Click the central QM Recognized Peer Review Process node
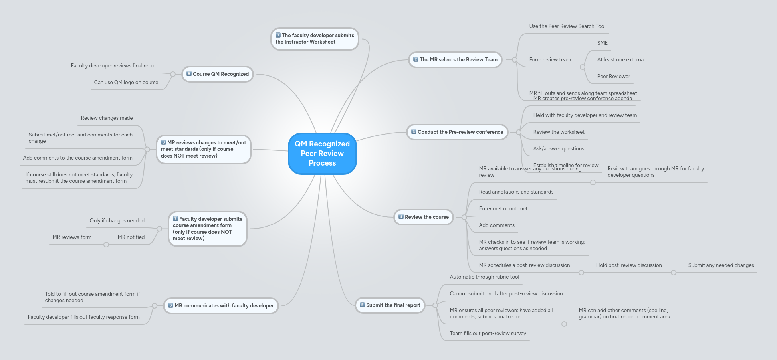coord(322,154)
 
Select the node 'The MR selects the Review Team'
coord(455,60)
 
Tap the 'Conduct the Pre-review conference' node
coord(457,132)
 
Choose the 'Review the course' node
coord(424,217)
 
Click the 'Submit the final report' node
coord(390,305)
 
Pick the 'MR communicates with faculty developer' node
coord(221,306)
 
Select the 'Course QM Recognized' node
coord(218,74)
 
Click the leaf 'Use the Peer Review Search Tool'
coord(567,26)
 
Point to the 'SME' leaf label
coord(602,43)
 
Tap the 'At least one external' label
coord(620,60)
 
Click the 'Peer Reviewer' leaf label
coord(613,77)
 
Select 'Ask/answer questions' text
coord(558,149)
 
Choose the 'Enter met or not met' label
coord(503,209)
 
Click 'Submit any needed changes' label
coord(721,265)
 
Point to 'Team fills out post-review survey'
coord(488,334)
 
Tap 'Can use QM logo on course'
coord(126,83)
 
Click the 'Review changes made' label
coord(107,118)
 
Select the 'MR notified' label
coord(131,237)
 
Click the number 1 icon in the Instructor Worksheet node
coord(278,35)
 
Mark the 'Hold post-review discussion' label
coord(628,265)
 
